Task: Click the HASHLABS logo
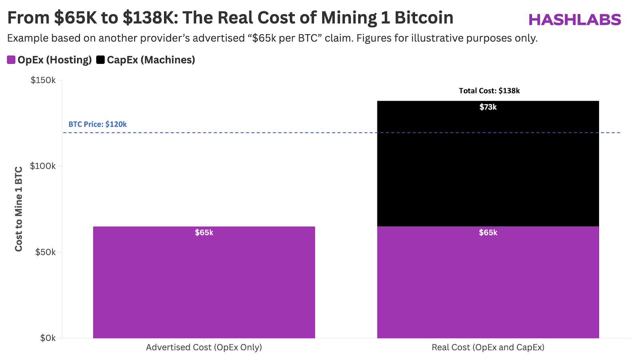pyautogui.click(x=575, y=20)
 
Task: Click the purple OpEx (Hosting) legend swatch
pyautogui.click(x=11, y=60)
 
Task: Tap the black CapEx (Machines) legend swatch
pyautogui.click(x=100, y=60)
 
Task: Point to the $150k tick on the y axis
pyautogui.click(x=43, y=80)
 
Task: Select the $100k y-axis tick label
pyautogui.click(x=43, y=166)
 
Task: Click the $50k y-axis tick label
pyautogui.click(x=45, y=252)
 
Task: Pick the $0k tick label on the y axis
pyautogui.click(x=48, y=338)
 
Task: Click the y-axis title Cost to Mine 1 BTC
pyautogui.click(x=19, y=209)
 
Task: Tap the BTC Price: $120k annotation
pyautogui.click(x=97, y=124)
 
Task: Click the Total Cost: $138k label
pyautogui.click(x=489, y=91)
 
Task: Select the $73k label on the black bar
pyautogui.click(x=488, y=107)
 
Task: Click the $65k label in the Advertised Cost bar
pyautogui.click(x=204, y=232)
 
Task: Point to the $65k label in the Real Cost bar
pyautogui.click(x=488, y=232)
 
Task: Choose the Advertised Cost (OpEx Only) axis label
pyautogui.click(x=204, y=347)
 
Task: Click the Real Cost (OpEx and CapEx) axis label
pyautogui.click(x=488, y=347)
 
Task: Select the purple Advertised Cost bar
pyautogui.click(x=204, y=287)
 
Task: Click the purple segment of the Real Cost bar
pyautogui.click(x=488, y=287)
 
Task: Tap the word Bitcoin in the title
pyautogui.click(x=424, y=18)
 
